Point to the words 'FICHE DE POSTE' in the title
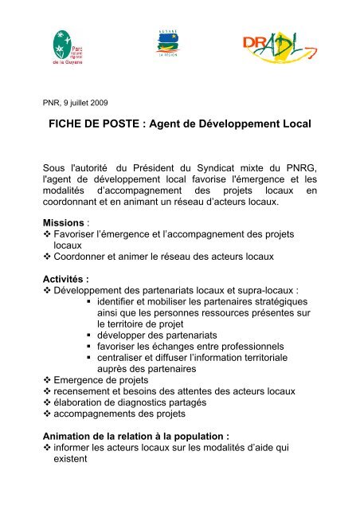(x=96, y=126)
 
